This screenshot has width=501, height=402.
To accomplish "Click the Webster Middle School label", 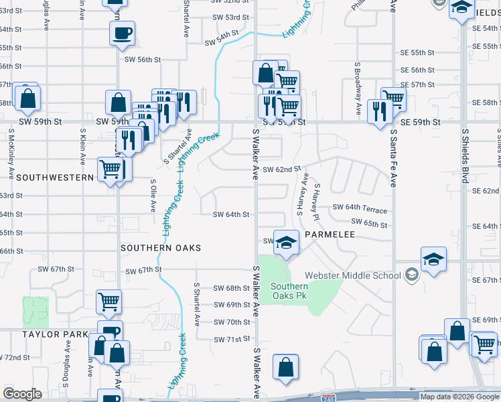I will coord(352,275).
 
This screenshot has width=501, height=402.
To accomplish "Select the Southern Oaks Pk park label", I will coord(289,291).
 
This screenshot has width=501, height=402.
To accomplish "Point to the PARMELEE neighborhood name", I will coord(329,235).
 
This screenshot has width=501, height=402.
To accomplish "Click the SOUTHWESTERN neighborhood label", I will coord(55,178).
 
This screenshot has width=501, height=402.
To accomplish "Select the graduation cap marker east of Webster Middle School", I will coord(433,259).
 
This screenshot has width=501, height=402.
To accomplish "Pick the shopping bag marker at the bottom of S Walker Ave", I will coord(285,367).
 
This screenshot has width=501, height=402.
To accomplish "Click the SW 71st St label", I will coord(232,340).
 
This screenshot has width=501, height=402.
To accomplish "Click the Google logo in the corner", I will coord(23,395).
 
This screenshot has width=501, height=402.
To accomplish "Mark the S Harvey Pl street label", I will coord(316,200).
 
